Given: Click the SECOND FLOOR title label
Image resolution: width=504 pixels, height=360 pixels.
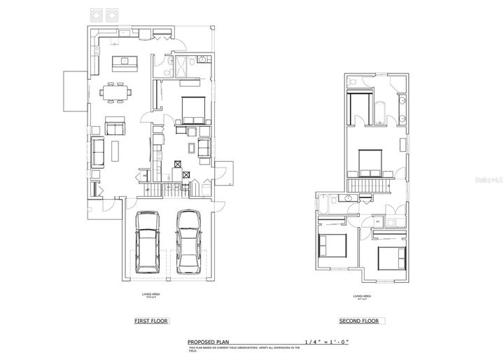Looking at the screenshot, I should click(359, 321).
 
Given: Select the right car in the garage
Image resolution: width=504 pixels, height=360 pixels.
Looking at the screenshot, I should click(188, 242).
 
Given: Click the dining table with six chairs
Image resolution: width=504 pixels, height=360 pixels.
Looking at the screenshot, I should click(116, 91).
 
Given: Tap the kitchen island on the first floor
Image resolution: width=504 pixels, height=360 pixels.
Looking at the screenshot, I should click(125, 64).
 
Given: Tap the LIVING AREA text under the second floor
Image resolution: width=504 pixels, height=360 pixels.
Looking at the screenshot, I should click(362, 296).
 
